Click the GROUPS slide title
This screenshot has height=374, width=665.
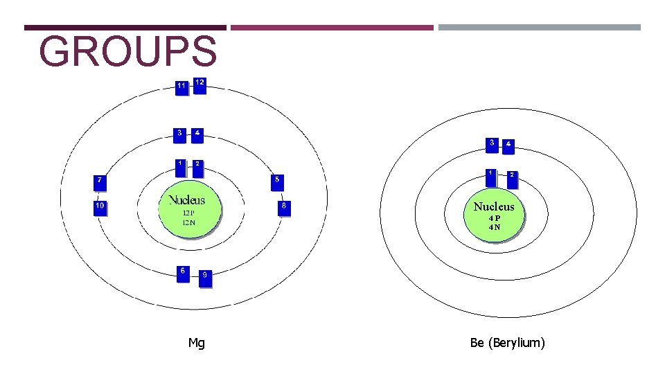[x=128, y=52]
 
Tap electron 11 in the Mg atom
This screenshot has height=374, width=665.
[x=181, y=88]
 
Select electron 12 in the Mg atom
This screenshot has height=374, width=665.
[x=199, y=84]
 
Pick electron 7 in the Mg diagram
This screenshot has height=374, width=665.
[x=101, y=182]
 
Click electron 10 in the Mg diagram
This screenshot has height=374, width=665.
[x=100, y=208]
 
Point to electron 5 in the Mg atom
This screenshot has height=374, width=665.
[x=278, y=181]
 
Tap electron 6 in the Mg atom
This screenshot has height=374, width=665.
[x=183, y=272]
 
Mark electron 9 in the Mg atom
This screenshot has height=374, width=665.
[x=204, y=278]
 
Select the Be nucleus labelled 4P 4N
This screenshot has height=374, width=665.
[x=494, y=213]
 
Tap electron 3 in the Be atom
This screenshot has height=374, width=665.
[x=492, y=145]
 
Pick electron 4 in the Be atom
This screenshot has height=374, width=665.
[x=509, y=146]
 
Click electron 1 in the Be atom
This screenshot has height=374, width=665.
[x=490, y=177]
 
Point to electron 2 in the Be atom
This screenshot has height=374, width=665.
[x=512, y=179]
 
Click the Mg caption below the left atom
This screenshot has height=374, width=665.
[x=196, y=343]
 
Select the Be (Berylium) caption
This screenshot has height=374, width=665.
[x=507, y=343]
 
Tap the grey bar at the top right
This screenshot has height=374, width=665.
[x=539, y=28]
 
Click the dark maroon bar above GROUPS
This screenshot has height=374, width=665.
[x=125, y=28]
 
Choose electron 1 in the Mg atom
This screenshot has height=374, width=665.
[x=180, y=167]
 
